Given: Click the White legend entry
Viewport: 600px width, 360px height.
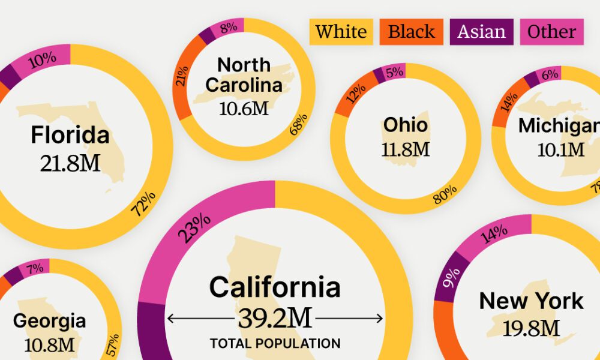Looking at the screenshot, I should (x=341, y=32).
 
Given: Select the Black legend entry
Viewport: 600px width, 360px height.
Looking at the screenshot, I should (x=411, y=32).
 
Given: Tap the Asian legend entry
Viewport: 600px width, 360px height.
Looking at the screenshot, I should (x=481, y=32).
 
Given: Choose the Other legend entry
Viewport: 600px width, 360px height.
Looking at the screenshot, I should (x=551, y=32).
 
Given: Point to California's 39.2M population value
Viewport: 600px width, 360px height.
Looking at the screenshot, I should (x=275, y=319).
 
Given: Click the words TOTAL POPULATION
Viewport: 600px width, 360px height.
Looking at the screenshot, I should (x=275, y=344).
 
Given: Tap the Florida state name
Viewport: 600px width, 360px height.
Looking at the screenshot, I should (x=70, y=135).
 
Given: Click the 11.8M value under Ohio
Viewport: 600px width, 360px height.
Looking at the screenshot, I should (x=406, y=149).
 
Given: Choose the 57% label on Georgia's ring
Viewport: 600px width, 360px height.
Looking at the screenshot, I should (x=112, y=341).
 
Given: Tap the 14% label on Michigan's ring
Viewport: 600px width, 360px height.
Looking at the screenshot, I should (x=509, y=101).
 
